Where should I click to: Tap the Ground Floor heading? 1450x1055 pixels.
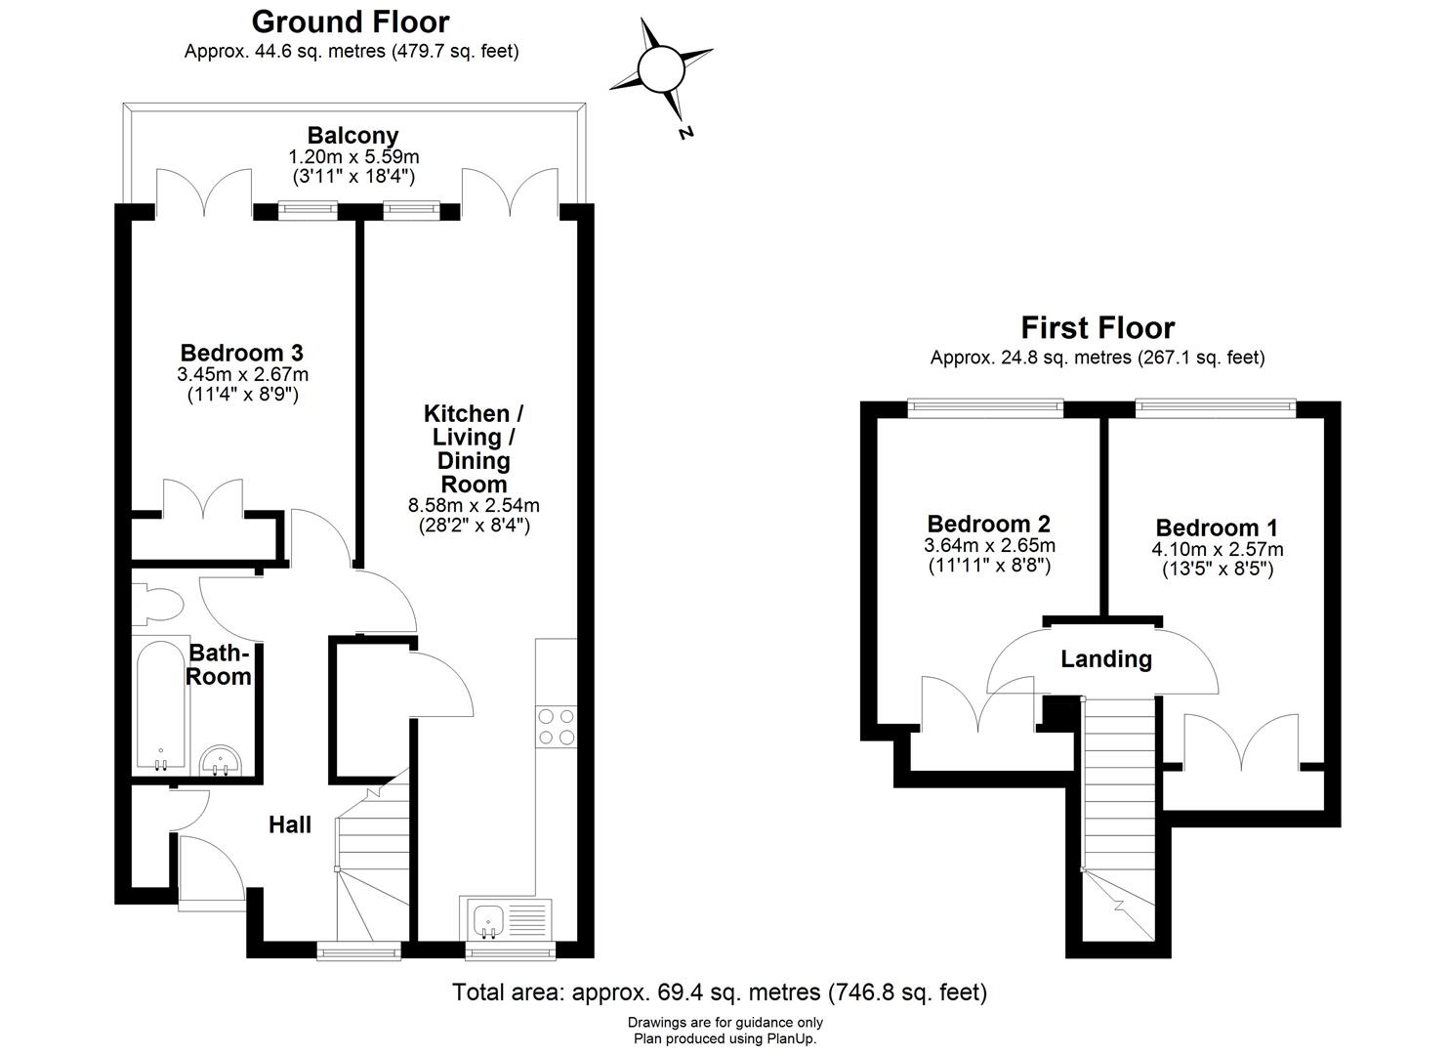pos(351,21)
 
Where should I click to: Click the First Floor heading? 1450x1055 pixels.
pos(1098,327)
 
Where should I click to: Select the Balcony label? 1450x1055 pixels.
pos(352,136)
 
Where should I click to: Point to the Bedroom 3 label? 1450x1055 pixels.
pos(242,353)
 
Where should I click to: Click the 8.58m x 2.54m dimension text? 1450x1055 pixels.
pos(473,506)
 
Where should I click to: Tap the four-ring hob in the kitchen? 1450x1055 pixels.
pos(556,727)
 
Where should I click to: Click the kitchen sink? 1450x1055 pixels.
pos(487,919)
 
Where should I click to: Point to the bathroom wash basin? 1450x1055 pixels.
pos(221,762)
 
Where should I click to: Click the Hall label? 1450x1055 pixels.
pos(290,825)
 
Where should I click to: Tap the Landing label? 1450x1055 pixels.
pos(1106,659)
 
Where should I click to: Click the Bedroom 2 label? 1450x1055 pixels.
pos(988,525)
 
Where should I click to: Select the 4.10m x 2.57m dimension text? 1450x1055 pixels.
pos(1217,550)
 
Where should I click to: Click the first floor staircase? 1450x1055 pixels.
pos(1119,781)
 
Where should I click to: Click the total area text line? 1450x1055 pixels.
pos(720,993)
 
